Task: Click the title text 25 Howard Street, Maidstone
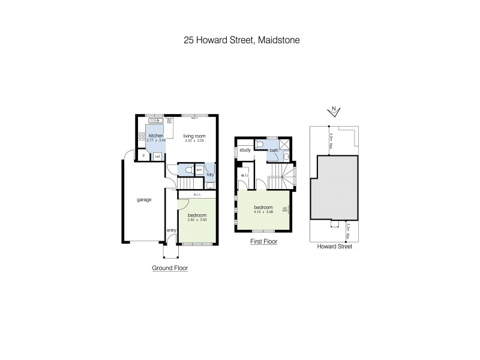pyautogui.click(x=239, y=41)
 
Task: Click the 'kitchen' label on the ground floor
pyautogui.click(x=156, y=136)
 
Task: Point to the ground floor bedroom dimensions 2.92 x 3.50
pyautogui.click(x=197, y=220)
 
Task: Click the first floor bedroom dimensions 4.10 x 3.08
pyautogui.click(x=263, y=212)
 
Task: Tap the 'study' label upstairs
pyautogui.click(x=245, y=151)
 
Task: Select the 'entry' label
pyautogui.click(x=171, y=230)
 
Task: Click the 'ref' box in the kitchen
pyautogui.click(x=157, y=156)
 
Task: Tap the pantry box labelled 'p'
pyautogui.click(x=144, y=156)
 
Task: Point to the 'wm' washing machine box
pyautogui.click(x=199, y=169)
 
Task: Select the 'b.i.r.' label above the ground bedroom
pyautogui.click(x=197, y=194)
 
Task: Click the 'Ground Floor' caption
pyautogui.click(x=170, y=269)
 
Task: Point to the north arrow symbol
pyautogui.click(x=335, y=110)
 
